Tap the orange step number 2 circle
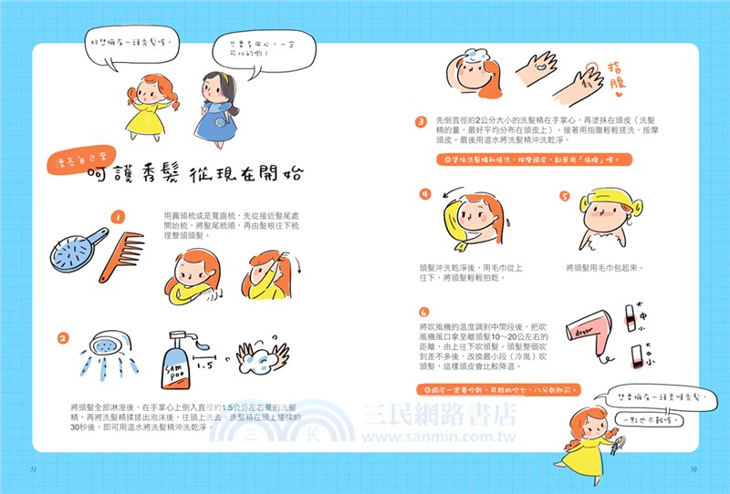63,339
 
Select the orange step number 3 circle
422,121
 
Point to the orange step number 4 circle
425,195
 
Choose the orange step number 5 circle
565,195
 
